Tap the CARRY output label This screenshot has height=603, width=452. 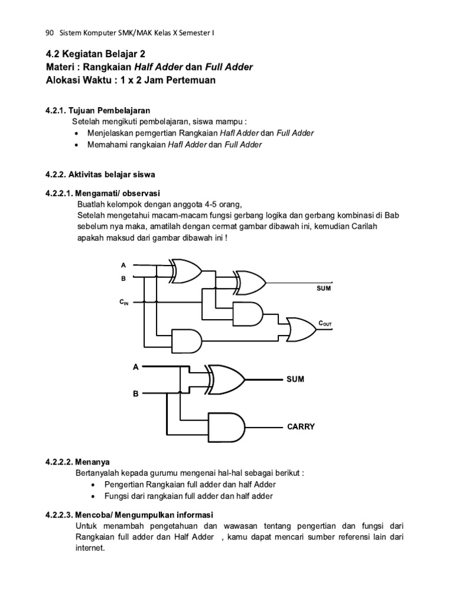tap(301, 426)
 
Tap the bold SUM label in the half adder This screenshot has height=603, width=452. tap(295, 379)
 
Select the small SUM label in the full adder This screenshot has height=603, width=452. tap(324, 289)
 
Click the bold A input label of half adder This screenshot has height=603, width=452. tap(135, 367)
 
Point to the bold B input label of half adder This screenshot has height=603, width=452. tap(135, 393)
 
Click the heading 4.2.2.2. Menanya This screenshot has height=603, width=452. tap(81, 462)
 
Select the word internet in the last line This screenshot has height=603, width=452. tap(90, 548)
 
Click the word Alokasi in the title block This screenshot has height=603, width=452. tap(64, 80)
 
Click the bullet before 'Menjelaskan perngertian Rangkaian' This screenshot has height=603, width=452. tap(78, 134)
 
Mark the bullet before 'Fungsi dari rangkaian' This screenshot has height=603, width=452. tap(95, 496)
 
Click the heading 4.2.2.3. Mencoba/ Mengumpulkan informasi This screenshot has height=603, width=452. tap(129, 514)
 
